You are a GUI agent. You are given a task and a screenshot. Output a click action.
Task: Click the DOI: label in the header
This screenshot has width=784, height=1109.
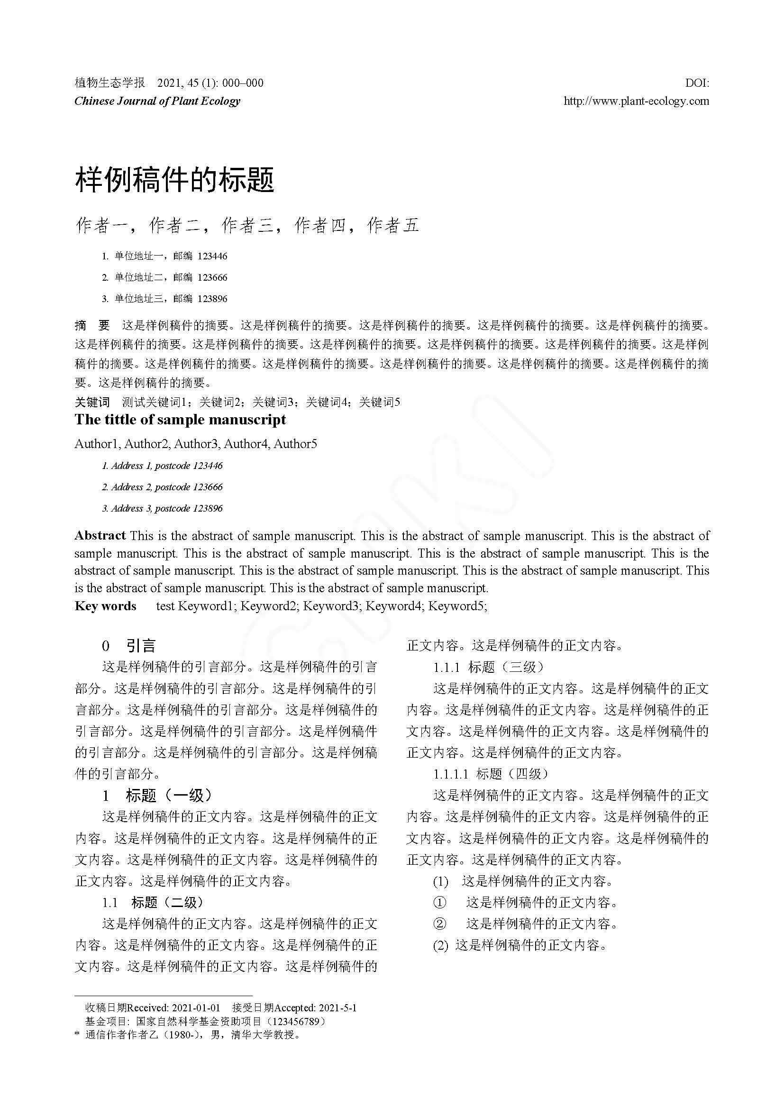coord(697,83)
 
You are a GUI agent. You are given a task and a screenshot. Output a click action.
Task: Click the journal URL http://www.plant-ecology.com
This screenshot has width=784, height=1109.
coord(636,101)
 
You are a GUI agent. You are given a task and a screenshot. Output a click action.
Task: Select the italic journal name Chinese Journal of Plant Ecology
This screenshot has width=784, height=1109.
coord(157,101)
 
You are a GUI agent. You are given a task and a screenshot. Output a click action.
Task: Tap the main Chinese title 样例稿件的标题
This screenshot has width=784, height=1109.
coord(175,180)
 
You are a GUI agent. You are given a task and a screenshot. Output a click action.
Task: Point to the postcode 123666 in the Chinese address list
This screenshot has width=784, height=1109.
coord(212,277)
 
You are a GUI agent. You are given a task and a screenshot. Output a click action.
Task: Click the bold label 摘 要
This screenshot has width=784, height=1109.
coord(92,325)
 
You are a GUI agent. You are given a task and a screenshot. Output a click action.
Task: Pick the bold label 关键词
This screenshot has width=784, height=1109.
coord(92,402)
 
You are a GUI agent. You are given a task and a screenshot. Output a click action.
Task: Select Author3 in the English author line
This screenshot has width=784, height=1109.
coord(197,443)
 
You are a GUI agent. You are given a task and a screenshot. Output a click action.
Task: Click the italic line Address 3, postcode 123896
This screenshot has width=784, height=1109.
coord(162,508)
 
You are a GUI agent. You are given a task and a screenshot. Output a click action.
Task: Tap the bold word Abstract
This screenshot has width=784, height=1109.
coord(100,535)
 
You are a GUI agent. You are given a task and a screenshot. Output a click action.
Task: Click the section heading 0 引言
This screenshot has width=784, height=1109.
coord(129,646)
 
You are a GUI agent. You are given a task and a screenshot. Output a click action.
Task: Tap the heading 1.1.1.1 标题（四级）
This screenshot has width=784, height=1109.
coord(491,774)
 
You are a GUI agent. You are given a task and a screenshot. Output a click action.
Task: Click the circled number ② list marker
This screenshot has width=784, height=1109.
coord(439,924)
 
